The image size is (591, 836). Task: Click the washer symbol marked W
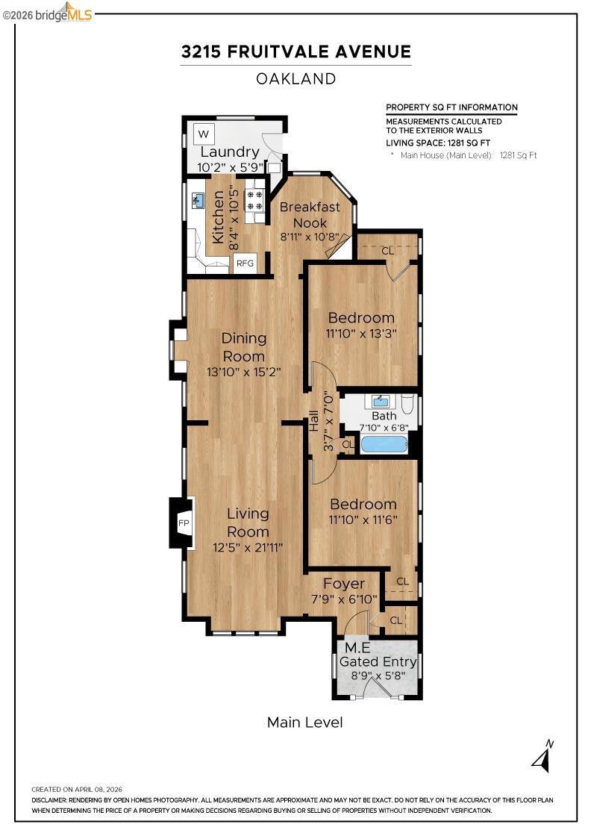204,134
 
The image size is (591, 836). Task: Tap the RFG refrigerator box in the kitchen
246,263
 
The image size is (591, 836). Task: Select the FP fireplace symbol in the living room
184,523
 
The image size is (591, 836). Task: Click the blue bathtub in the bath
384,444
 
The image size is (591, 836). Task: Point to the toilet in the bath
407,404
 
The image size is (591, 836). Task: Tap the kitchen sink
198,201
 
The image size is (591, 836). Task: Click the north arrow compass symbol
543,755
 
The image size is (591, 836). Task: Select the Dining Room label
244,347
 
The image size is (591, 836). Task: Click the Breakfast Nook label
310,214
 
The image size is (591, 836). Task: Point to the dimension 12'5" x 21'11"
248,548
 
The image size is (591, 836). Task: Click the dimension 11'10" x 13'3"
361,334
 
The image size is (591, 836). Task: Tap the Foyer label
344,584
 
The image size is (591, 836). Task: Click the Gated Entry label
378,661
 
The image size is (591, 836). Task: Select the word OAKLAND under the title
295,79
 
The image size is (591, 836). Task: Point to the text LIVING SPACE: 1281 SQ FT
438,143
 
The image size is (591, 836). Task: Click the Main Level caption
304,723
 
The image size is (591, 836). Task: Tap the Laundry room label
230,152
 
